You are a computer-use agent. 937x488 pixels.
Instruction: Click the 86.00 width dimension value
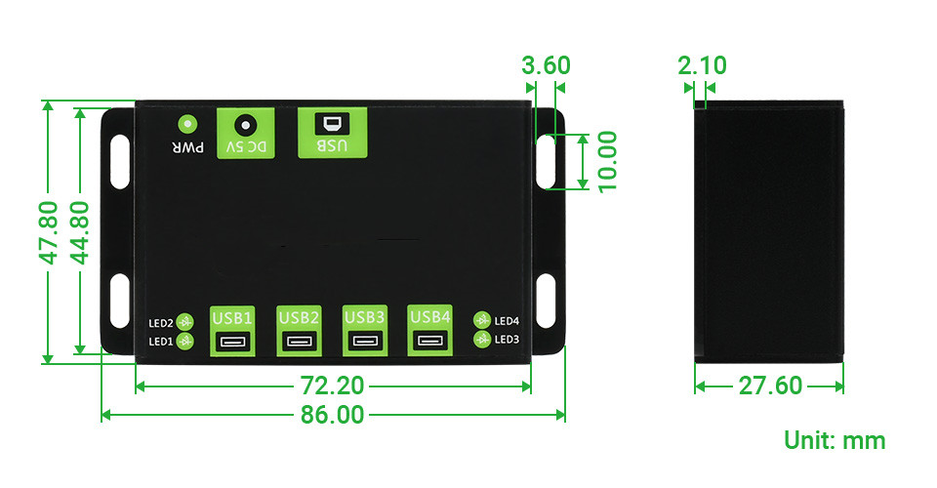click(332, 416)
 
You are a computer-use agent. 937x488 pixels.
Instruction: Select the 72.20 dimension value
click(332, 386)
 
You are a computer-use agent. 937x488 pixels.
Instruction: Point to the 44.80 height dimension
click(79, 232)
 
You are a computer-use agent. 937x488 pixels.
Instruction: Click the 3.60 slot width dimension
click(546, 66)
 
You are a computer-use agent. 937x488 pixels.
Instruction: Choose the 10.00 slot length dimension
click(607, 162)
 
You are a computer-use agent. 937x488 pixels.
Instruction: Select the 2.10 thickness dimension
click(701, 66)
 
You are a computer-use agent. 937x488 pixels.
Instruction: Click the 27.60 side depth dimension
click(770, 386)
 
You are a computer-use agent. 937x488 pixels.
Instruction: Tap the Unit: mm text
click(835, 440)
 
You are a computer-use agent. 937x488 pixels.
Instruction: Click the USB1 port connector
click(232, 342)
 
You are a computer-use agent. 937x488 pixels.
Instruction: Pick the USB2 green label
click(299, 317)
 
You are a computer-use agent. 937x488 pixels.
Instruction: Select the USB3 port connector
click(365, 342)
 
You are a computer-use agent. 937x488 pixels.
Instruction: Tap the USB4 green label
click(430, 317)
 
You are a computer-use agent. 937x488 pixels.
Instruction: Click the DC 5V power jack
click(245, 125)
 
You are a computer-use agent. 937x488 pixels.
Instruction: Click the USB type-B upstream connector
click(332, 124)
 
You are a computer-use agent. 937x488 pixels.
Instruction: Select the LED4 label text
click(508, 320)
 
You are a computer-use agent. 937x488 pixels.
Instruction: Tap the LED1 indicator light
click(185, 341)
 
